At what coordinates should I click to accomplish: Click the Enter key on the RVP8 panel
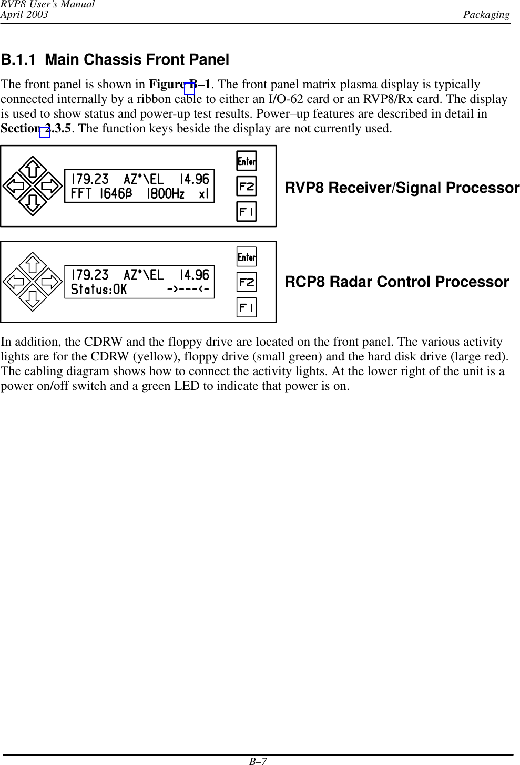click(x=247, y=161)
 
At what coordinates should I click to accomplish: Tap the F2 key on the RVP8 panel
click(x=247, y=187)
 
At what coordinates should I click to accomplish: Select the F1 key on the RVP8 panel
click(x=247, y=212)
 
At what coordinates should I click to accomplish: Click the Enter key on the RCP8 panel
click(x=247, y=257)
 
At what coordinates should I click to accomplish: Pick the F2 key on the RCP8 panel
click(x=247, y=282)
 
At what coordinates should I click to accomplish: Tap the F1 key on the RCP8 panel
click(x=247, y=307)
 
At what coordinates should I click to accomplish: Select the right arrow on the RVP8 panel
click(x=51, y=185)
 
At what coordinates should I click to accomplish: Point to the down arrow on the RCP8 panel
click(x=33, y=299)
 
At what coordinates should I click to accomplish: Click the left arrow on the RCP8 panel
click(x=15, y=282)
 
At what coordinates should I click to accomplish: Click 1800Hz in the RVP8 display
click(x=166, y=194)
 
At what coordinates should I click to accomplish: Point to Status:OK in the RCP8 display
click(x=99, y=290)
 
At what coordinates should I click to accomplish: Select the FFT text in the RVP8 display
click(x=81, y=194)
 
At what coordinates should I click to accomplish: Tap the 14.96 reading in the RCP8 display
click(x=194, y=275)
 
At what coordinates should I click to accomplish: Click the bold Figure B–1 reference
click(x=180, y=85)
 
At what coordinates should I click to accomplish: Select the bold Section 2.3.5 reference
click(x=36, y=129)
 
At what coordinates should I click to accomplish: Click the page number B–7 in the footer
click(x=258, y=761)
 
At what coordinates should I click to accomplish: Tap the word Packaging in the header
click(x=486, y=15)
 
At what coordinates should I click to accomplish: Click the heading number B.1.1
click(x=18, y=60)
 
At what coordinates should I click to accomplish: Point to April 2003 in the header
click(x=24, y=15)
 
